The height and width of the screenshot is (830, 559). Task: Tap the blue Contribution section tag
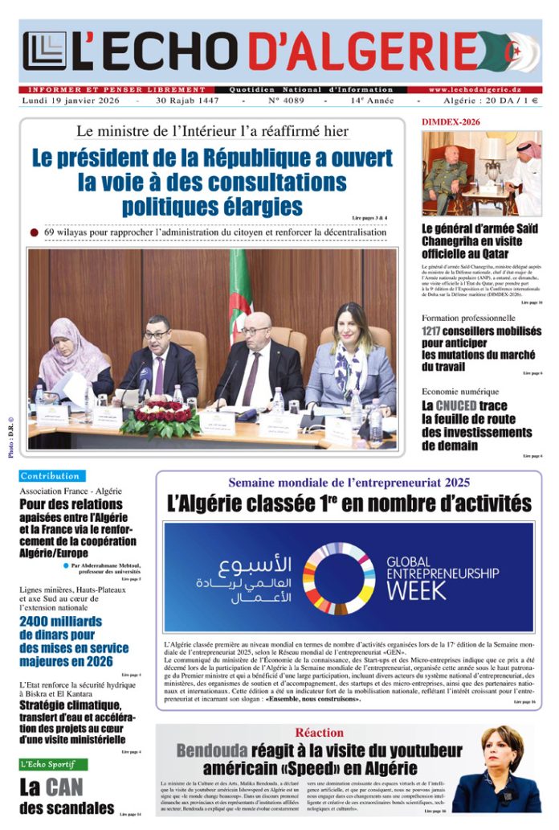tap(50, 476)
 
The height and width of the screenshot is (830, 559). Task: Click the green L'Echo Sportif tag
tap(53, 763)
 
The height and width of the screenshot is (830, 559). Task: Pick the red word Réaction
tap(319, 733)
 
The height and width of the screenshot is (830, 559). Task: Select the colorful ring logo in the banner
tap(339, 578)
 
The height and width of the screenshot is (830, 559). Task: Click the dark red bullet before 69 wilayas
tap(34, 232)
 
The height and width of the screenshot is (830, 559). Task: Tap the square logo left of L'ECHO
tap(45, 50)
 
